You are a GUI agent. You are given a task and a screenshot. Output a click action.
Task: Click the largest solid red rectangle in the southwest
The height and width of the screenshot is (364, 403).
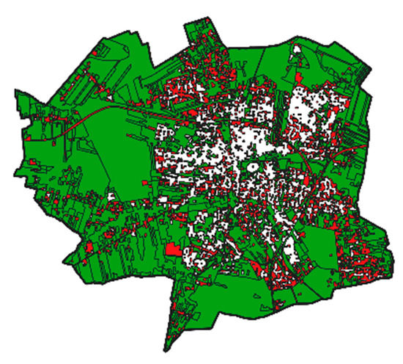172,250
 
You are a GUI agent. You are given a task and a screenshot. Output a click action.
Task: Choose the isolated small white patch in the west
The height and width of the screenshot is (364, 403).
111,197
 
